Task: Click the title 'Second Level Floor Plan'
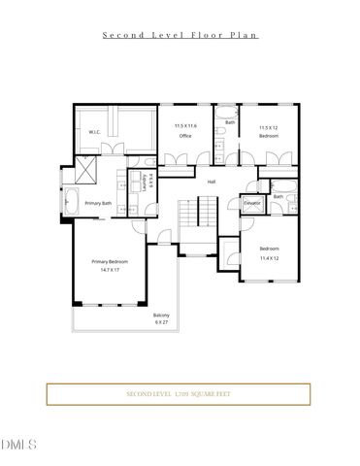180,34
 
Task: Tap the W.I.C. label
95,132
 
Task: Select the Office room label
184,136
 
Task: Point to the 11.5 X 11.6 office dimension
184,126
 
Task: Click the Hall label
211,182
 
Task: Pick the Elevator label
250,203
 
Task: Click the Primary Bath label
98,203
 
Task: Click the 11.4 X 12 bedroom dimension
269,258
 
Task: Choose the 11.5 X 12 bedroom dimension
269,127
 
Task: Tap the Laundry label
145,181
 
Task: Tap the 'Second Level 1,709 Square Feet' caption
180,394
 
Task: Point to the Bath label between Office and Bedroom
230,122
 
